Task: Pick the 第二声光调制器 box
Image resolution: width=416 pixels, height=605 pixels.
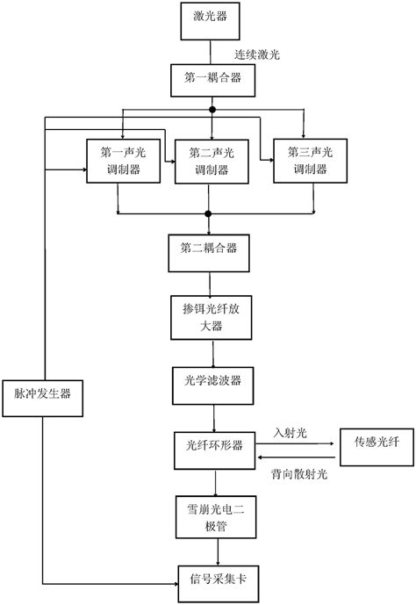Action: click(209, 160)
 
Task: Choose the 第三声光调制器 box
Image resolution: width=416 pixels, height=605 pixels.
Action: click(306, 160)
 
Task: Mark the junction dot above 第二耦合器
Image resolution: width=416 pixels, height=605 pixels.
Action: click(209, 213)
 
